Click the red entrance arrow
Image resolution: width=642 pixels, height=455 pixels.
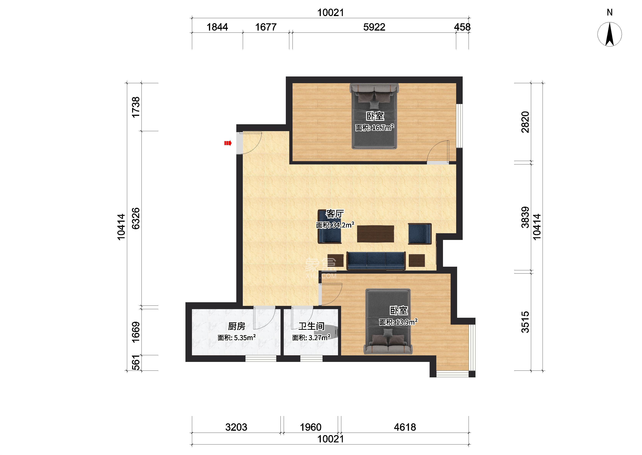point(228,143)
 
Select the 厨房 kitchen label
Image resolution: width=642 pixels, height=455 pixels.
point(237,326)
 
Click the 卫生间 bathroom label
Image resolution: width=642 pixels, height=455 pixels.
point(311,326)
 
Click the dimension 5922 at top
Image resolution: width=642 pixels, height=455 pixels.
point(374,27)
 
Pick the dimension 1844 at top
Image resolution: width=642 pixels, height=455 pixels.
point(217,27)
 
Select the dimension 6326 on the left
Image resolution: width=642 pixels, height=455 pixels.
point(136,218)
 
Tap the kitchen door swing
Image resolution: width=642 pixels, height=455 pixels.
point(265,318)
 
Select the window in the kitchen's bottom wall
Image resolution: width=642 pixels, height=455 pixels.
point(261,359)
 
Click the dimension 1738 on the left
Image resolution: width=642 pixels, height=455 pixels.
point(136,107)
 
